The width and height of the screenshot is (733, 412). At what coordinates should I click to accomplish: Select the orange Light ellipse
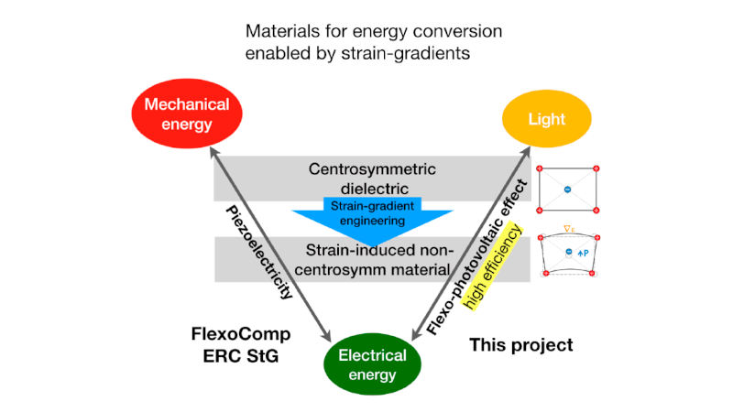tap(547, 119)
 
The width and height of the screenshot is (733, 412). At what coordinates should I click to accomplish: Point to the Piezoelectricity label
tap(260, 251)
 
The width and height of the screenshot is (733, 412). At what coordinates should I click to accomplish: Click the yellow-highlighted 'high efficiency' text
tap(494, 268)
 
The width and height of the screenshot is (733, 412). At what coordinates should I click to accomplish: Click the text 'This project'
tap(520, 344)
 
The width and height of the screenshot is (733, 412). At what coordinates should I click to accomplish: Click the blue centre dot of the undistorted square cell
tap(567, 190)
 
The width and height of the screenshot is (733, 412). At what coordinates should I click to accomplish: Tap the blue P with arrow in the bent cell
tap(580, 250)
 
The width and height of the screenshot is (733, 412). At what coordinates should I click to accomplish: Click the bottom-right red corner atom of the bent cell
tap(597, 274)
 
